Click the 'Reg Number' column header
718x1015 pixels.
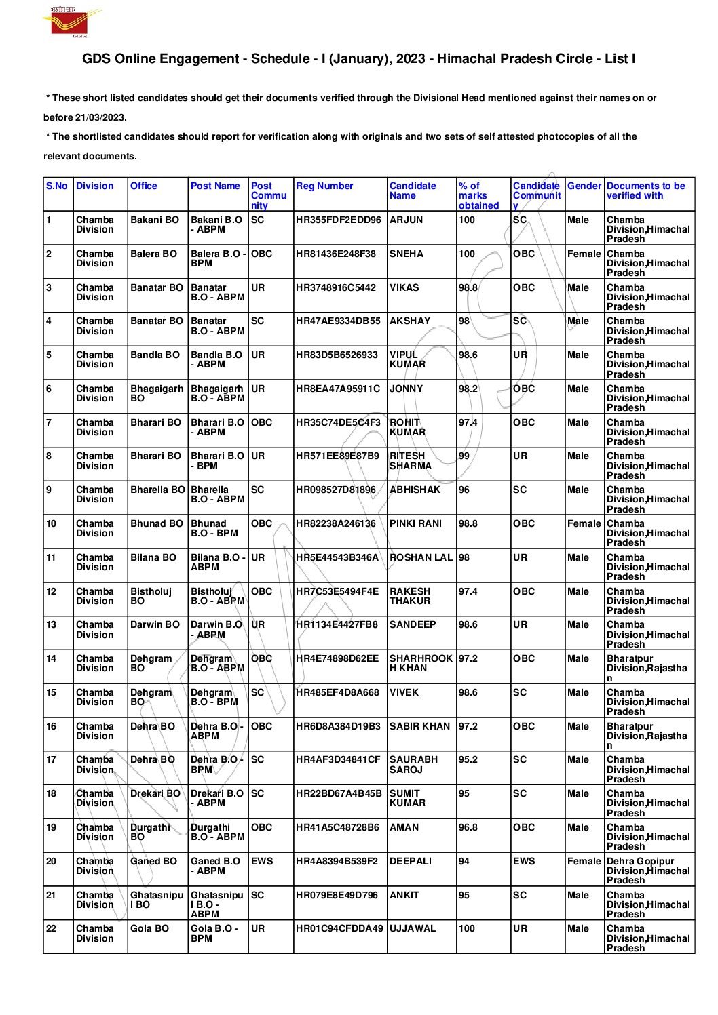[324, 186]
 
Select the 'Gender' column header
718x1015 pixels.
[584, 186]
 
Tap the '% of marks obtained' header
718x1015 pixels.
[478, 195]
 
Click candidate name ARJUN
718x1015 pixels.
[406, 220]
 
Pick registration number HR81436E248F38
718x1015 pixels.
[335, 254]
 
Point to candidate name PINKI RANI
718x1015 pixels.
[415, 523]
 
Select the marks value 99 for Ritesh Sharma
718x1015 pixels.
[464, 456]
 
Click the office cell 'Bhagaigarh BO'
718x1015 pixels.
[156, 393]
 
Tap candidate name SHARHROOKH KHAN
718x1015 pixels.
[421, 663]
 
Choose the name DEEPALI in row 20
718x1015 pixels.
[410, 861]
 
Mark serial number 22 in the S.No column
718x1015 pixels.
[52, 928]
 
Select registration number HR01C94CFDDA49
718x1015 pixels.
[339, 928]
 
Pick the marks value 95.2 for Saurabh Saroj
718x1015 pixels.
[468, 759]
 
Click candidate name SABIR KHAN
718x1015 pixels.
[419, 726]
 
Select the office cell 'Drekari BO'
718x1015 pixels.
[155, 793]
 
